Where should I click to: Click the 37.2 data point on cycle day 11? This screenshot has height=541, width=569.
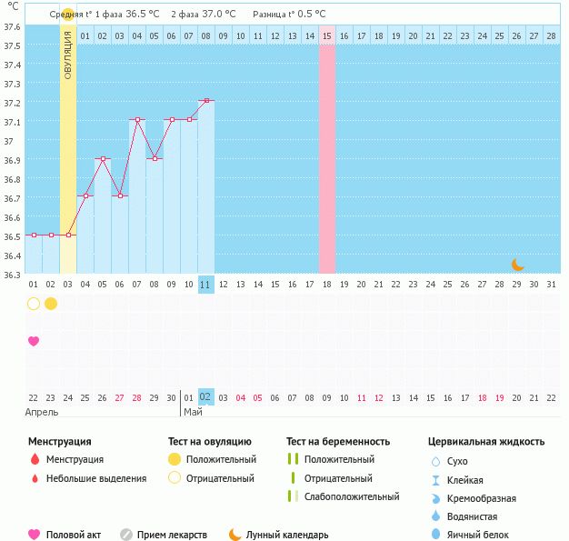[206, 100]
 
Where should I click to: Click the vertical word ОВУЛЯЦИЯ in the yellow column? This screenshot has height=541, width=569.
[68, 60]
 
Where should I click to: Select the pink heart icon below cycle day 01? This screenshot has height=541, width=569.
[34, 341]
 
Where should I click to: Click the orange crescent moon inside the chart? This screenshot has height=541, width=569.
[518, 265]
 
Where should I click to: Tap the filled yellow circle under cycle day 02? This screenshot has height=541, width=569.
[51, 304]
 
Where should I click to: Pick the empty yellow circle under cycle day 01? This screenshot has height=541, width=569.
[34, 304]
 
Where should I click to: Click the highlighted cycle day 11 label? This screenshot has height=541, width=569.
[206, 284]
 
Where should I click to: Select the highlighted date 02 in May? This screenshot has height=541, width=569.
[206, 396]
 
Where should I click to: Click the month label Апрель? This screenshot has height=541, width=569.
[43, 412]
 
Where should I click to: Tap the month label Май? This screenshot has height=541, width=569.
[193, 412]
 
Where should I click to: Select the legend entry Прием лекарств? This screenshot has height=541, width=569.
[172, 536]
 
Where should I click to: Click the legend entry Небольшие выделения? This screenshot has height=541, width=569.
[95, 478]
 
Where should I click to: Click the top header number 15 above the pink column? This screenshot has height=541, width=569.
[327, 35]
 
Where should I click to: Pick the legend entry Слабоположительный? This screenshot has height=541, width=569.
[352, 496]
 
